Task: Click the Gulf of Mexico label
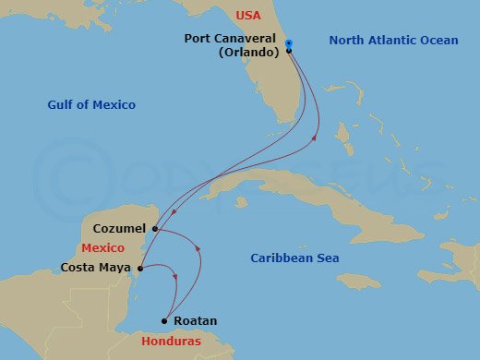tap(91, 105)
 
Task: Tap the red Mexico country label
tap(102, 248)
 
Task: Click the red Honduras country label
tap(176, 341)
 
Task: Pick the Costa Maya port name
tap(96, 269)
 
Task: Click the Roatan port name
tap(195, 321)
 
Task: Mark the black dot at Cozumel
tap(156, 229)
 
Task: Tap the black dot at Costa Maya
tap(139, 269)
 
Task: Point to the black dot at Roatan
tap(164, 321)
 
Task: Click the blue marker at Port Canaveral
tap(289, 44)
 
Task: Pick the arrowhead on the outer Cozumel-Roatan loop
tap(198, 247)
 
